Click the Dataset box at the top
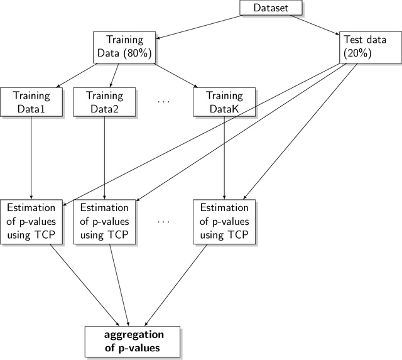271,8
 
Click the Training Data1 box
31,102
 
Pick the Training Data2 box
104,102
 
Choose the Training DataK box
224,102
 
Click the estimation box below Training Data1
31,221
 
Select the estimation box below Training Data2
104,221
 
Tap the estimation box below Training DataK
224,221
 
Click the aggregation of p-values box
133,341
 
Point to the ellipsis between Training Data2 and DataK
164,102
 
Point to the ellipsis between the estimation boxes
164,221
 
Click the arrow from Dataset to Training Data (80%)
197,24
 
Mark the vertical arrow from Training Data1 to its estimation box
31,157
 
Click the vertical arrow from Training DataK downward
224,157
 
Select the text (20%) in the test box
357,53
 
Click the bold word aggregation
133,334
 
